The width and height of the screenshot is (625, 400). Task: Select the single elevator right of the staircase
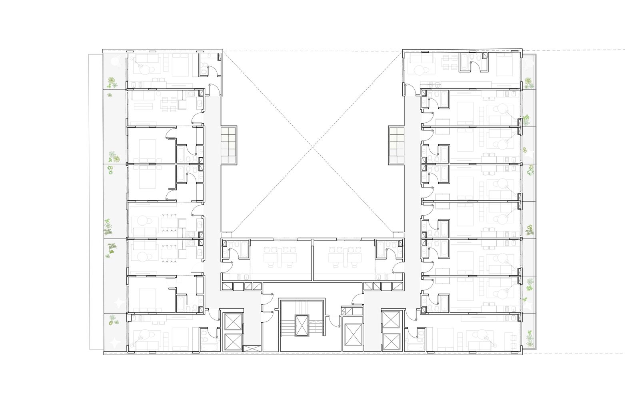click(x=352, y=333)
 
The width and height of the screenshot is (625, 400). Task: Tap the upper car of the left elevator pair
click(x=232, y=322)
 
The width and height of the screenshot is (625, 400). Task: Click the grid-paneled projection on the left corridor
click(x=229, y=145)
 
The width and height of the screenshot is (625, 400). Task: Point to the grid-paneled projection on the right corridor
click(x=395, y=145)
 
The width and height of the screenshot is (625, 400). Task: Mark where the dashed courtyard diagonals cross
click(x=312, y=146)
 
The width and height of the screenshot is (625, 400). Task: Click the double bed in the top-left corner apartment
click(x=179, y=64)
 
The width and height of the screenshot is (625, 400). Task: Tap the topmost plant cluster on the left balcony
click(x=111, y=82)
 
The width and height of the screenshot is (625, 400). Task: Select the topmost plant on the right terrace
click(x=529, y=83)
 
